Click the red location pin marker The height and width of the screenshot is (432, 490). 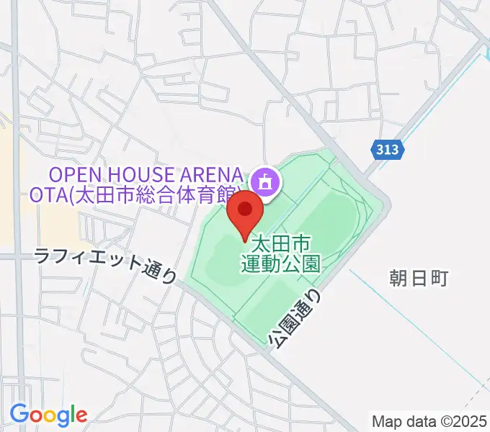(x=245, y=214)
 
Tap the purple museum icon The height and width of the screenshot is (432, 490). (x=265, y=181)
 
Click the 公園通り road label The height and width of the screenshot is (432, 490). (x=295, y=317)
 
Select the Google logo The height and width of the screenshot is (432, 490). (x=48, y=415)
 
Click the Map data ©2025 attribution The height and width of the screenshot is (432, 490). (x=429, y=420)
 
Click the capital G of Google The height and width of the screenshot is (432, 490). (x=19, y=415)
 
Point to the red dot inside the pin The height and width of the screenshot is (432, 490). (x=245, y=209)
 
